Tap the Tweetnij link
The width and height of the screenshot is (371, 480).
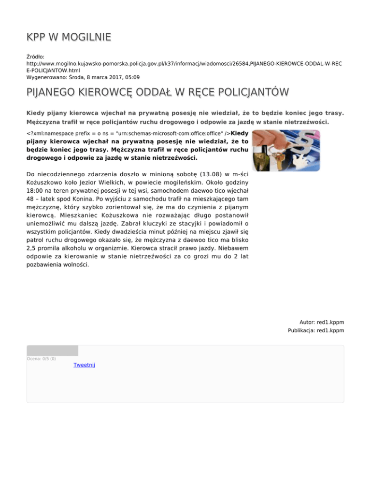point(84,365)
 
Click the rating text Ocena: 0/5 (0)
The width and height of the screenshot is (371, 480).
point(41,359)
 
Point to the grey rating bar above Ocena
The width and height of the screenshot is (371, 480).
point(52,351)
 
